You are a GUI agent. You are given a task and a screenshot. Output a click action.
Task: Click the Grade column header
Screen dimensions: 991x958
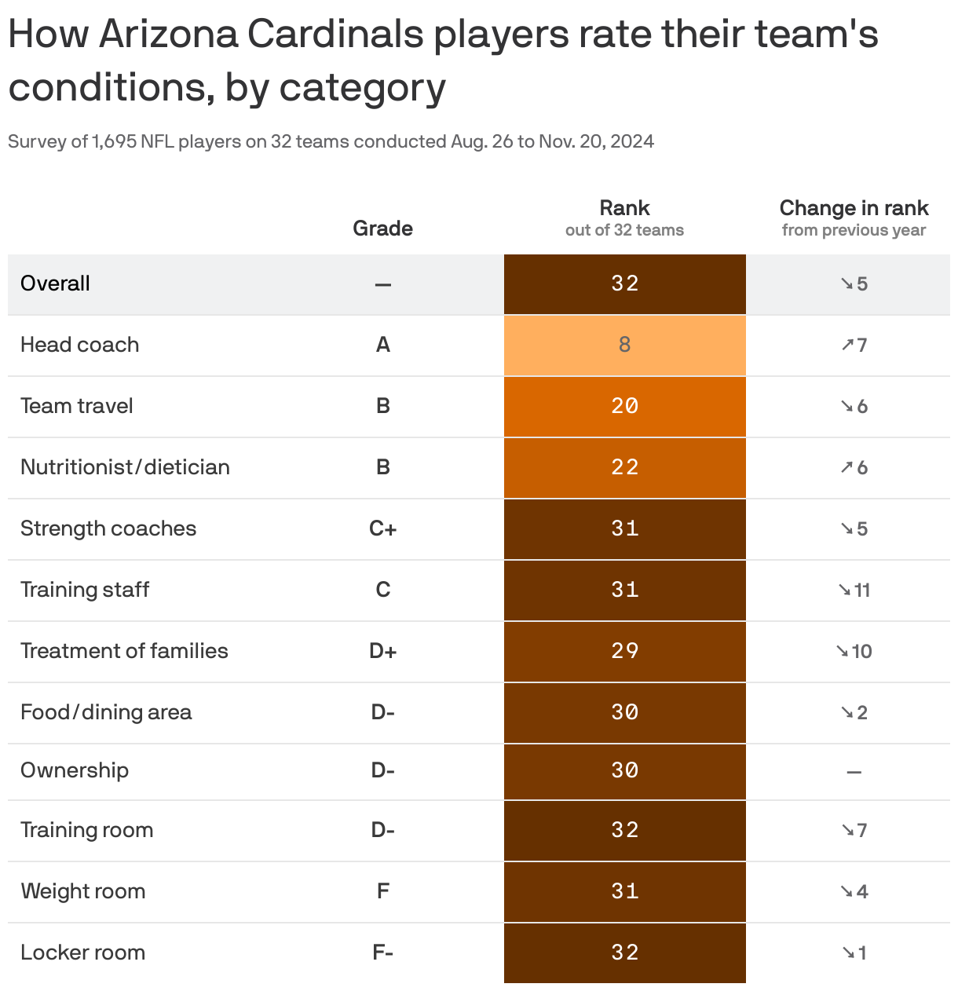click(382, 228)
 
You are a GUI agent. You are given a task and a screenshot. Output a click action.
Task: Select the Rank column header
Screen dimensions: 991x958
click(624, 208)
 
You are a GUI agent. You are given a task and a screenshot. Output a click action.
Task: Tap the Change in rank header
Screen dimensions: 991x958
click(854, 208)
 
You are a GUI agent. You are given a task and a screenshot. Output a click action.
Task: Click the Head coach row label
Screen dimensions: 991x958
click(79, 345)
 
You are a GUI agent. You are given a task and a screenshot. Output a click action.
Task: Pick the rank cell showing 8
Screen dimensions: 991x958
click(624, 345)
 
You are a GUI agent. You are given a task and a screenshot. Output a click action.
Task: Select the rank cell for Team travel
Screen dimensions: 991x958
click(624, 406)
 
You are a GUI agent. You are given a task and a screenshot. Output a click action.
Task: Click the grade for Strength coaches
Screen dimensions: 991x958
click(382, 528)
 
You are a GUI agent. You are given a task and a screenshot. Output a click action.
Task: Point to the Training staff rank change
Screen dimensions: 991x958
click(854, 590)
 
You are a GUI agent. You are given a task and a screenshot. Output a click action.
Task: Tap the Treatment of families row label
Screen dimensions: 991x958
click(124, 651)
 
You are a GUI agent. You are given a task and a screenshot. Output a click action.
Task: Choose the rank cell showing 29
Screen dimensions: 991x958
click(624, 651)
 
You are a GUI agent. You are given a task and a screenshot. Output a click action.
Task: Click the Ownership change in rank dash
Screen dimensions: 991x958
click(854, 772)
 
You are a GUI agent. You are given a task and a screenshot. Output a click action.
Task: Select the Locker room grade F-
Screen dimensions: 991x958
click(382, 953)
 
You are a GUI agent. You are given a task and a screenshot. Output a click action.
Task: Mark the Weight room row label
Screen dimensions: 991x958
click(82, 891)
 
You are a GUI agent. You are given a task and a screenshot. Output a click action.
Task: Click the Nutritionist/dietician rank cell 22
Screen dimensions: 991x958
click(624, 467)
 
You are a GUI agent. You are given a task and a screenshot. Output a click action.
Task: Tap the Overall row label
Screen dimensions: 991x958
click(55, 283)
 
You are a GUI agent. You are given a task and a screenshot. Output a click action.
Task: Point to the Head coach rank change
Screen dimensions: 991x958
click(854, 345)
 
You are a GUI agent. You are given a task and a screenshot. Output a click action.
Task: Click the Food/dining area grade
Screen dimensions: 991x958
click(382, 712)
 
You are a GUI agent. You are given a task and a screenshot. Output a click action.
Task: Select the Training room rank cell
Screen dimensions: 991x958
click(624, 830)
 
